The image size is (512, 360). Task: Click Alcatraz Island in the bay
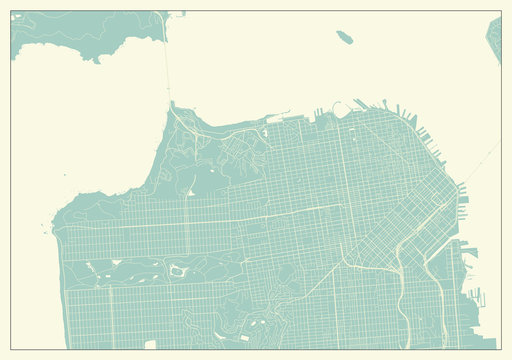(345, 37)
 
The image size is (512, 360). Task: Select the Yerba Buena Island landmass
(494, 38)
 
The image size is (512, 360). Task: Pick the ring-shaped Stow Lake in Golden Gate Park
(177, 269)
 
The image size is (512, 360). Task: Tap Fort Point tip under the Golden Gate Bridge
(171, 103)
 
